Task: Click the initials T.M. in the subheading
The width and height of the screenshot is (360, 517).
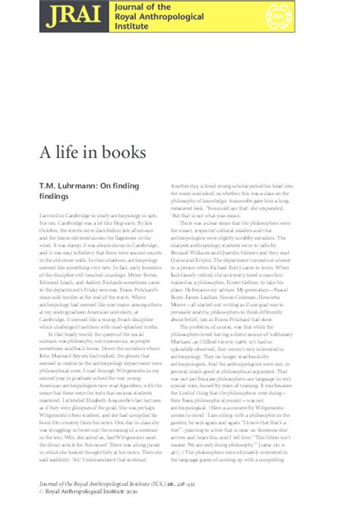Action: pos(47,184)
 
